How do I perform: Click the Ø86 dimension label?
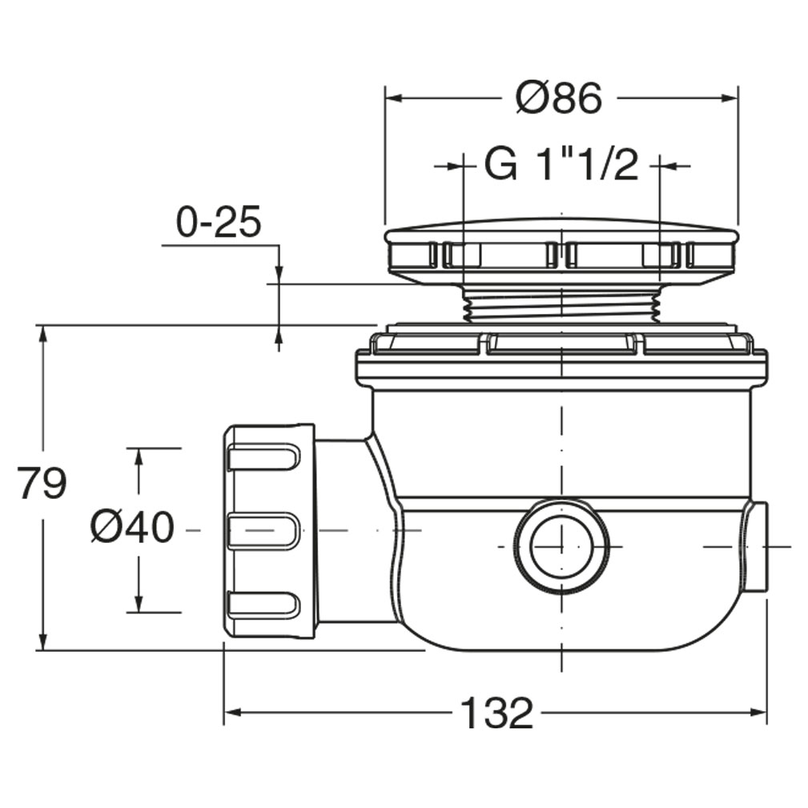click(559, 98)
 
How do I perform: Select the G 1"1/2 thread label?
click(561, 166)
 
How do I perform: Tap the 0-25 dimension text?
click(219, 223)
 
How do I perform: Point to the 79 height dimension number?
click(42, 483)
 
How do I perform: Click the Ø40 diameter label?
click(133, 527)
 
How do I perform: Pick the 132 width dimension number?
click(496, 713)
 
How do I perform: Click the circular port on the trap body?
click(561, 547)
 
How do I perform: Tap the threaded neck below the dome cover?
click(561, 305)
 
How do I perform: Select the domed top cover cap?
click(561, 251)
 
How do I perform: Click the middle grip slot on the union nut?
click(263, 530)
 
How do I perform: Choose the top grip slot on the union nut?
click(263, 457)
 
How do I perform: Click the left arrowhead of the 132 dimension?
click(233, 713)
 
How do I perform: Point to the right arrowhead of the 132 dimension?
click(758, 713)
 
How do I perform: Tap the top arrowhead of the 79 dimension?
click(43, 335)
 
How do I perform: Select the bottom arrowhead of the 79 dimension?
click(43, 641)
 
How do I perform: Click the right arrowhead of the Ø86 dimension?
click(730, 98)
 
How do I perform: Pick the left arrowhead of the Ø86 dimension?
click(395, 98)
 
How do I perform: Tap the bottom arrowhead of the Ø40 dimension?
click(138, 603)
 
